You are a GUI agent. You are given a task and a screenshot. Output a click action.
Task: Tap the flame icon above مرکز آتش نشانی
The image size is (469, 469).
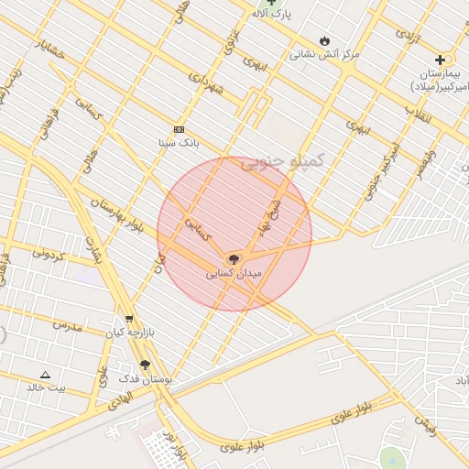pyautogui.click(x=325, y=40)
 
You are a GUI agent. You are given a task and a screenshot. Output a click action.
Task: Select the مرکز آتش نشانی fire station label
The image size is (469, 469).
pyautogui.click(x=325, y=54)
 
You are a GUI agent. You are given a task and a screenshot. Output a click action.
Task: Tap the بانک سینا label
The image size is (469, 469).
pyautogui.click(x=178, y=143)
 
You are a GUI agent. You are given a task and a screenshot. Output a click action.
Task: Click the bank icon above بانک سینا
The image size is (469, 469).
pyautogui.click(x=179, y=130)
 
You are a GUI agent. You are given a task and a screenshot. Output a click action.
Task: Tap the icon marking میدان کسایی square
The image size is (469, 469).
pyautogui.click(x=234, y=260)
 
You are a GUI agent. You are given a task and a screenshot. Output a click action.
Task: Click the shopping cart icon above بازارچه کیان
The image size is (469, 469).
pyautogui.click(x=128, y=320)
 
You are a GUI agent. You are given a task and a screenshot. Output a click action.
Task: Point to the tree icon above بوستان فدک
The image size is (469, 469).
pyautogui.click(x=145, y=365)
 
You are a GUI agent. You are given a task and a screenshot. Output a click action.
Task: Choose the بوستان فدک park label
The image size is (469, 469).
pyautogui.click(x=146, y=377)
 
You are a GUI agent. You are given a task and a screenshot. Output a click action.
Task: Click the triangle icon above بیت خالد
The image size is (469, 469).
pyautogui.click(x=46, y=375)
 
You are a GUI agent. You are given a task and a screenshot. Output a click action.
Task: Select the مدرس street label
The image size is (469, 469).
pyautogui.click(x=67, y=325)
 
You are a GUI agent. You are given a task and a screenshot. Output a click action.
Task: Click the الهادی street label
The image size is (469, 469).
pyautogui.click(x=119, y=397)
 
